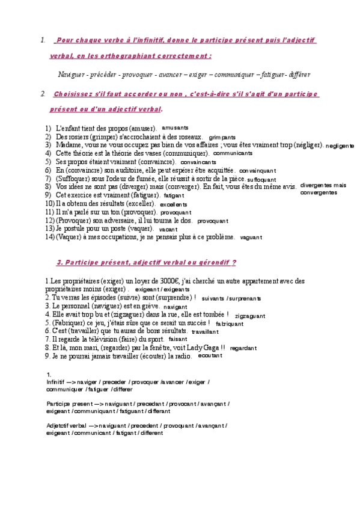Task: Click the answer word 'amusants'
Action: click(x=175, y=127)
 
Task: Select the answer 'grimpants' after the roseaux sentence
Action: click(x=222, y=137)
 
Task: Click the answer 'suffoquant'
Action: click(x=261, y=179)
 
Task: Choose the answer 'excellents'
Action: click(x=174, y=204)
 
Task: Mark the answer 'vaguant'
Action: click(x=251, y=238)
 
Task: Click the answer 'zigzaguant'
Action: click(x=250, y=315)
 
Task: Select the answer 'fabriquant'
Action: click(x=229, y=324)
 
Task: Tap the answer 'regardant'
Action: click(x=243, y=348)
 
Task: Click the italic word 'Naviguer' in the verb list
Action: click(x=72, y=75)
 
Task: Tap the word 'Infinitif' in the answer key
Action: click(x=58, y=381)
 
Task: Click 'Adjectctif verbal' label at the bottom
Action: click(x=66, y=425)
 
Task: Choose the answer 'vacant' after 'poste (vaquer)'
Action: click(x=168, y=229)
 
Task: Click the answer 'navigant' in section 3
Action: click(x=175, y=306)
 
